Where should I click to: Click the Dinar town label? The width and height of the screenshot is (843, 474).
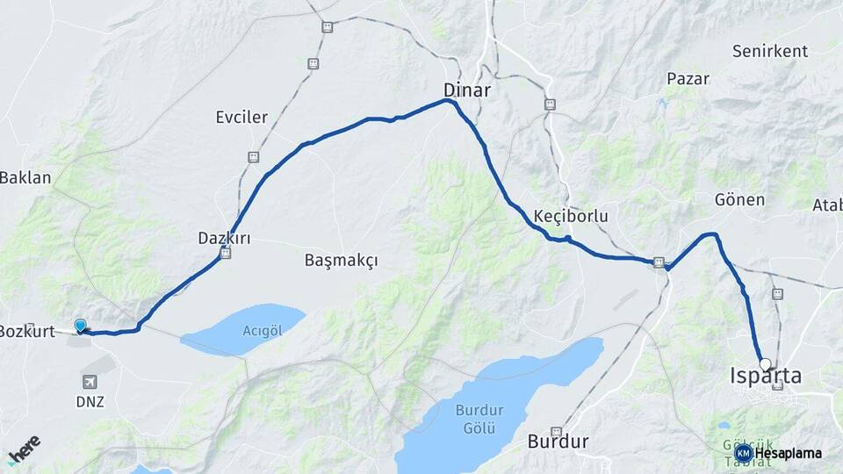pyautogui.click(x=466, y=90)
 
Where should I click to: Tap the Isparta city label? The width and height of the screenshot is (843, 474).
pyautogui.click(x=766, y=377)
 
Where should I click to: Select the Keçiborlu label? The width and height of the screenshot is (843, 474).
pyautogui.click(x=571, y=215)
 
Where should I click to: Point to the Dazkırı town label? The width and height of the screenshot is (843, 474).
pyautogui.click(x=224, y=237)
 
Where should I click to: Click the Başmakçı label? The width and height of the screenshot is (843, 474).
pyautogui.click(x=341, y=261)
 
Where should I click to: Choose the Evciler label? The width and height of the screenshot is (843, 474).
pyautogui.click(x=241, y=117)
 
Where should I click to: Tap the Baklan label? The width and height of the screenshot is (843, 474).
pyautogui.click(x=25, y=177)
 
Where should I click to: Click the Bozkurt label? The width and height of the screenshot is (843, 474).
pyautogui.click(x=26, y=331)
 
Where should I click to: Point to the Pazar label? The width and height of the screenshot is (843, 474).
pyautogui.click(x=688, y=79)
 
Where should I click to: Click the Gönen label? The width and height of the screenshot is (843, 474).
pyautogui.click(x=739, y=200)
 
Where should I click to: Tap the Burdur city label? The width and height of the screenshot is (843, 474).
pyautogui.click(x=558, y=441)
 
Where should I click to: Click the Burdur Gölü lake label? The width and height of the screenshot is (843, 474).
pyautogui.click(x=475, y=418)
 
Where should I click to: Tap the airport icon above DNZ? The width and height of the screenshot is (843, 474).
pyautogui.click(x=90, y=382)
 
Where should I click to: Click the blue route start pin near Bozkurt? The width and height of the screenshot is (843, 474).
pyautogui.click(x=81, y=327)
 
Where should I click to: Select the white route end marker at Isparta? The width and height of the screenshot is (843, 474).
pyautogui.click(x=765, y=364)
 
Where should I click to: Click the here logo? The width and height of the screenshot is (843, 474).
pyautogui.click(x=24, y=449)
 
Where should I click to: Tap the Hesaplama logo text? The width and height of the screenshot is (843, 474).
pyautogui.click(x=788, y=454)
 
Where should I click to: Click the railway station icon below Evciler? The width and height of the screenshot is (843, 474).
pyautogui.click(x=253, y=157)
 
